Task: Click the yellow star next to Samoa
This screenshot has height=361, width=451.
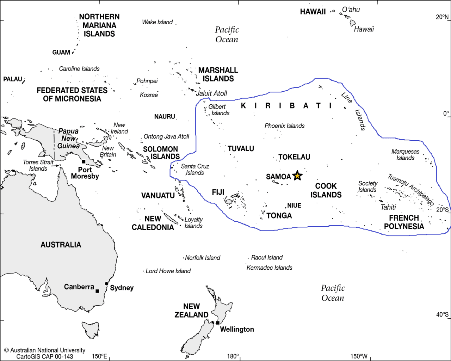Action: tap(297, 176)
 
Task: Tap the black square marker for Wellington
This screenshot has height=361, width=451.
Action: tap(218, 323)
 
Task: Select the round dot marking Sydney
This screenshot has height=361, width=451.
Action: tap(106, 284)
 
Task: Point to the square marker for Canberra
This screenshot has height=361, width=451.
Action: tap(97, 291)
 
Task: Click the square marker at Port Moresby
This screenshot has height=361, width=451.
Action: tap(84, 162)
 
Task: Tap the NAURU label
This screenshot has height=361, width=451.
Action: tap(165, 117)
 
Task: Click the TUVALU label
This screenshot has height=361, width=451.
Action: tap(241, 149)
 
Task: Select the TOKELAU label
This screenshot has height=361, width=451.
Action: tap(294, 157)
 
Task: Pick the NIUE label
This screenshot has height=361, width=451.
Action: tap(294, 206)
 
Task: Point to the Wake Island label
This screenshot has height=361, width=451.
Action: tap(157, 22)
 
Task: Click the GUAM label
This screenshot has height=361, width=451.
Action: tap(61, 53)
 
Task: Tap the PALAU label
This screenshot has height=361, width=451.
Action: tap(13, 79)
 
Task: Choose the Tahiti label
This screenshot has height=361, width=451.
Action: tap(388, 207)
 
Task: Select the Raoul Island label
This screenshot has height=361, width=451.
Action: tap(267, 258)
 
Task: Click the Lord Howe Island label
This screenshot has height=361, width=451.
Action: tap(168, 271)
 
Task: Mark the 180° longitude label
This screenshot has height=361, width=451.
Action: tap(233, 356)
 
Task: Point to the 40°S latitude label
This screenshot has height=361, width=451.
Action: tap(442, 314)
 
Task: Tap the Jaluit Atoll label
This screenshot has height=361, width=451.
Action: tap(211, 93)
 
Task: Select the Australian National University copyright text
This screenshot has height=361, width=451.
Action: tap(45, 350)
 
